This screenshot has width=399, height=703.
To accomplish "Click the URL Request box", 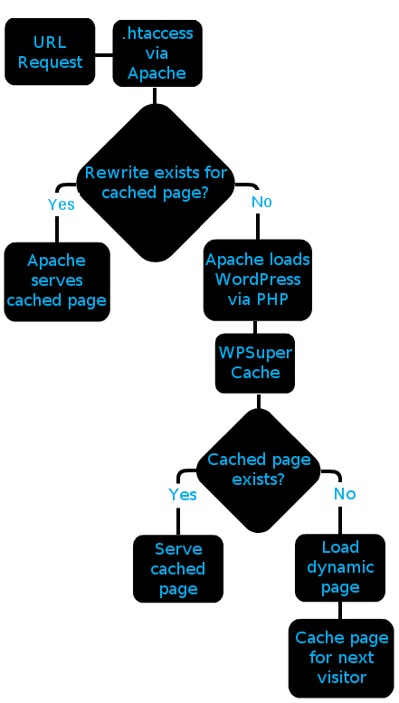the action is (50, 52).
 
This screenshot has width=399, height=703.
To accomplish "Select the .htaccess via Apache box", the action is (157, 52).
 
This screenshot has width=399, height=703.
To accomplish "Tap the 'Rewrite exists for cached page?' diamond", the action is (156, 183).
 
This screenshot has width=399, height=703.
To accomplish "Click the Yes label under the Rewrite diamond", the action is (61, 204).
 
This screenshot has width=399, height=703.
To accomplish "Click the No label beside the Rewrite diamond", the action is (261, 202).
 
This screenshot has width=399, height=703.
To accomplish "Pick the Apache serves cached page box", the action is (57, 281).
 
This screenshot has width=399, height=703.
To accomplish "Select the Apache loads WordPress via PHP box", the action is (258, 280).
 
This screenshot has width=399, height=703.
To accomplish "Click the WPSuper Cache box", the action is (255, 363).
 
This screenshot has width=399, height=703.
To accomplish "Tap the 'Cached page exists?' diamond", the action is (259, 470).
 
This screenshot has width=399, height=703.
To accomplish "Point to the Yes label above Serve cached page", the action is (183, 495).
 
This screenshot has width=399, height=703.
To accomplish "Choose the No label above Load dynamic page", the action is (345, 494).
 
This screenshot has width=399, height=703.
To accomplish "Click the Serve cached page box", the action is (178, 568).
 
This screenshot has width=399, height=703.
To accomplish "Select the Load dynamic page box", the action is (340, 567).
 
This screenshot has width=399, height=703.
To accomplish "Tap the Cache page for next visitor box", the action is (342, 658).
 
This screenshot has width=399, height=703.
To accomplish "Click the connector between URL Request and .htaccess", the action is (104, 55).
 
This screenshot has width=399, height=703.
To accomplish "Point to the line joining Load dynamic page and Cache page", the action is (340, 610).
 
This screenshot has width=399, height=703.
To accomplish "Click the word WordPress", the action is (258, 280).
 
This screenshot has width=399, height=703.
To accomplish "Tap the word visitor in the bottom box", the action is (342, 677).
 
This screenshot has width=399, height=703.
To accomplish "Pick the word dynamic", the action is (340, 568).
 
